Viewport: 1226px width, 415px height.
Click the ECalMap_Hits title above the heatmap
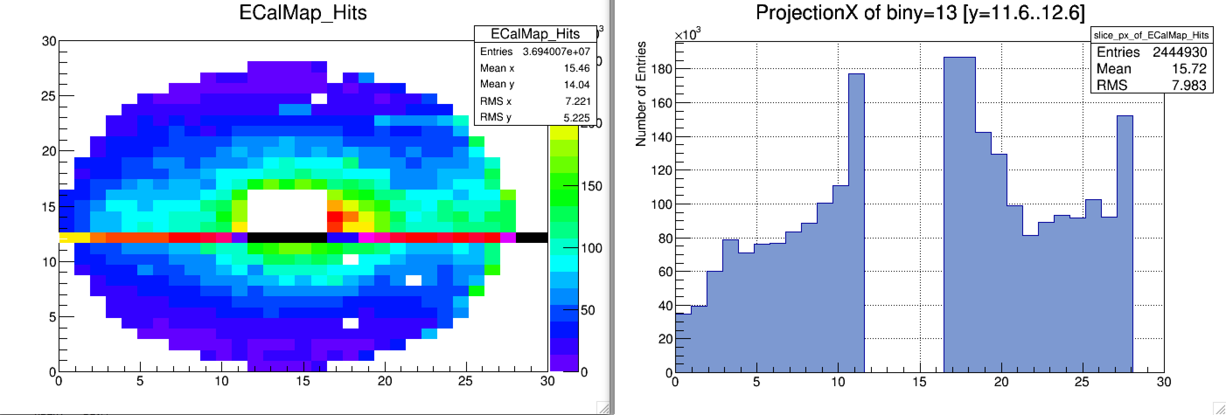tap(303, 13)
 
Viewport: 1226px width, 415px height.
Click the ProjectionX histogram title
tap(920, 13)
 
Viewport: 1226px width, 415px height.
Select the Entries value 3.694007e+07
tap(556, 52)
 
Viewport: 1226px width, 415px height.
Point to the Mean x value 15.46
tap(576, 68)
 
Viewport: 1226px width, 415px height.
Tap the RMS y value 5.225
tap(576, 118)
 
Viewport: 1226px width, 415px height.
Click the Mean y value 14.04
tap(576, 85)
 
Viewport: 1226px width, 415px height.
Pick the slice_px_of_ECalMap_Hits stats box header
tap(1151, 35)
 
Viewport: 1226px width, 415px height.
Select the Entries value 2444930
tap(1179, 52)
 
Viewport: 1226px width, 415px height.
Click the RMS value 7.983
tap(1188, 85)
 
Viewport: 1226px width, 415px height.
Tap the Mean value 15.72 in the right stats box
tap(1188, 69)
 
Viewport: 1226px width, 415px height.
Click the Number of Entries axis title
tap(641, 93)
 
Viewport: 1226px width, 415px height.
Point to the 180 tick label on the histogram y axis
tap(661, 69)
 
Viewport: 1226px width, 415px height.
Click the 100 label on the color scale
tap(591, 248)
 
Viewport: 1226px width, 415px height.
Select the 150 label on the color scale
tap(591, 186)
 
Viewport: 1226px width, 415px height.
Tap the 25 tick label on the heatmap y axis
tap(48, 96)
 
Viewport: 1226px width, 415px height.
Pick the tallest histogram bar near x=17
tap(959, 214)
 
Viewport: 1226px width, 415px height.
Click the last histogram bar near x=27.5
tap(1125, 242)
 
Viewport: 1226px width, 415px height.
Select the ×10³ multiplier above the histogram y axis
tap(687, 34)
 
